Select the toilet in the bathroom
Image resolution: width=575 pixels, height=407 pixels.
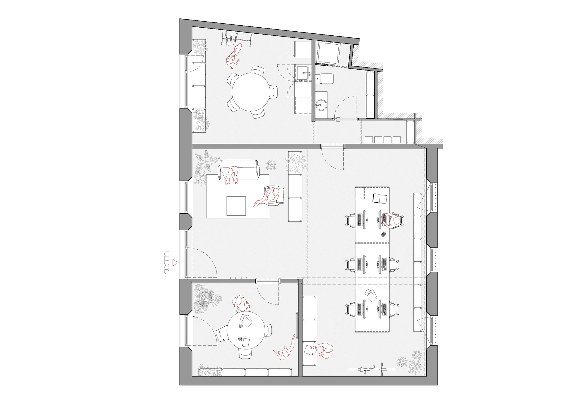pos(325,79)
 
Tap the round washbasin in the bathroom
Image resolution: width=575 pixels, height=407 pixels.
pos(321,105)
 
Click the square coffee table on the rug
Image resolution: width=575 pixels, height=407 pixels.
pos(236,206)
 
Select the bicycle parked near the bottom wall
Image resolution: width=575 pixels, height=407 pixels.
pos(372,369)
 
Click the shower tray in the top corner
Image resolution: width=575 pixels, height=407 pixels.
pos(328,52)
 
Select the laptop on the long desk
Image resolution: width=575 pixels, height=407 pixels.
pos(380,199)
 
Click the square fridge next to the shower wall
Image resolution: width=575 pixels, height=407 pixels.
pos(303,49)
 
